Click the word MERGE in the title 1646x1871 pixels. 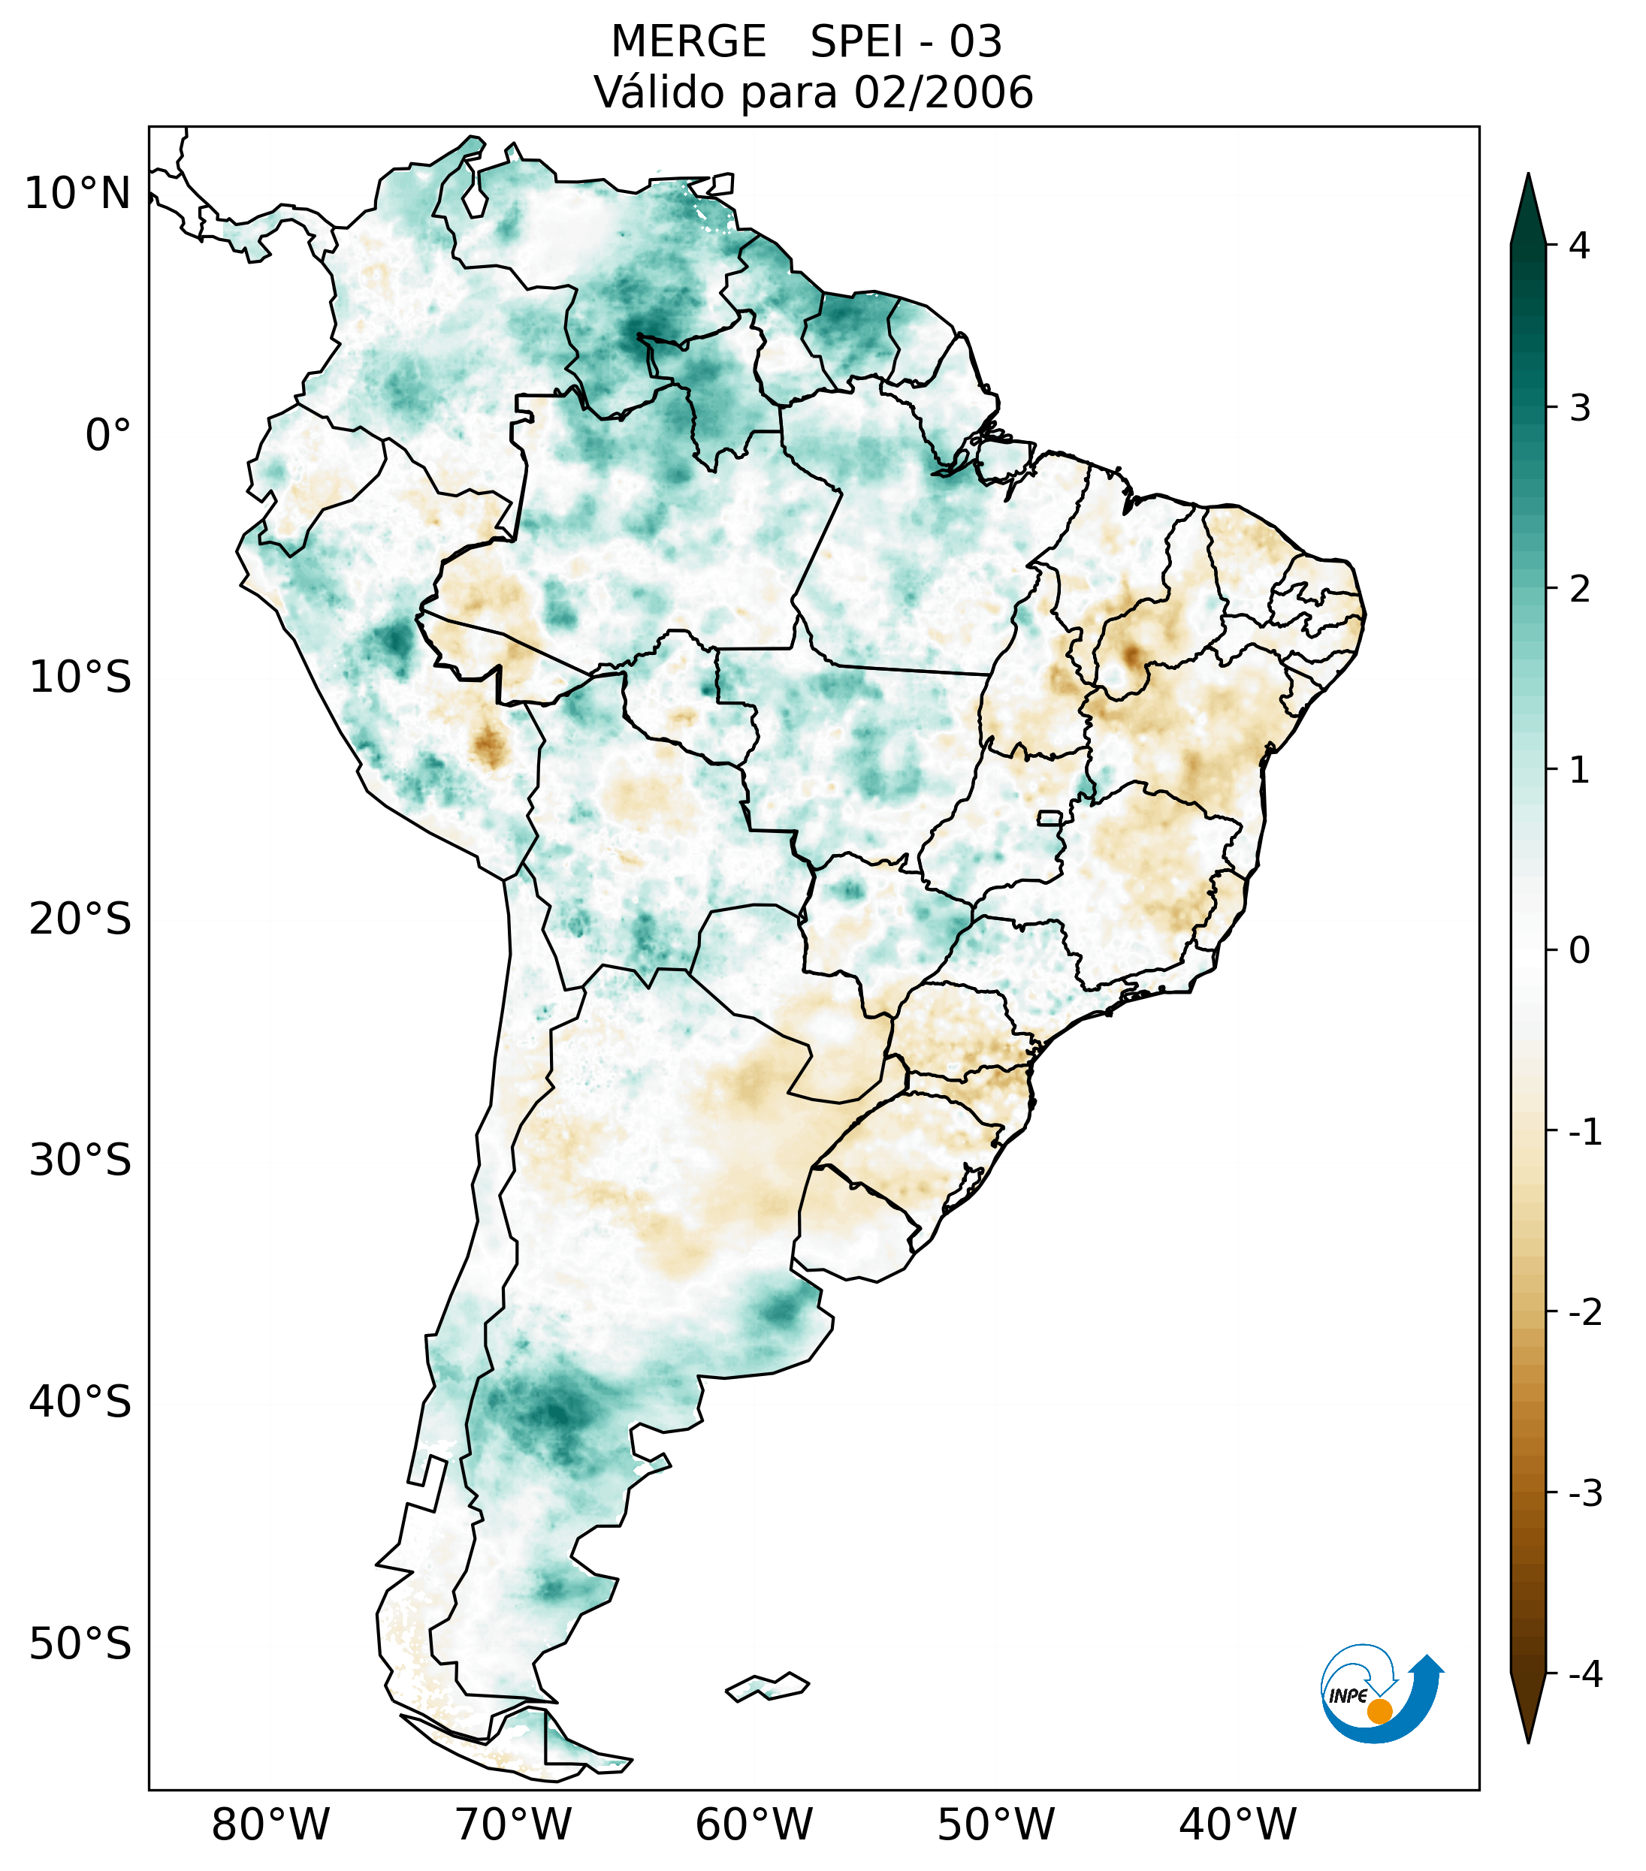pyautogui.click(x=687, y=42)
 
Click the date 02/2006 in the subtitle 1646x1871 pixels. pyautogui.click(x=943, y=92)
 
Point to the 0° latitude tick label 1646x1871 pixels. pyautogui.click(x=108, y=436)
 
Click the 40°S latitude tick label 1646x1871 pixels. pyautogui.click(x=80, y=1402)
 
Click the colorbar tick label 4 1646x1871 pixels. pyautogui.click(x=1579, y=246)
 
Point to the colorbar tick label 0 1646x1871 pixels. pyautogui.click(x=1579, y=951)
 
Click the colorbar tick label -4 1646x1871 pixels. pyautogui.click(x=1584, y=1674)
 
